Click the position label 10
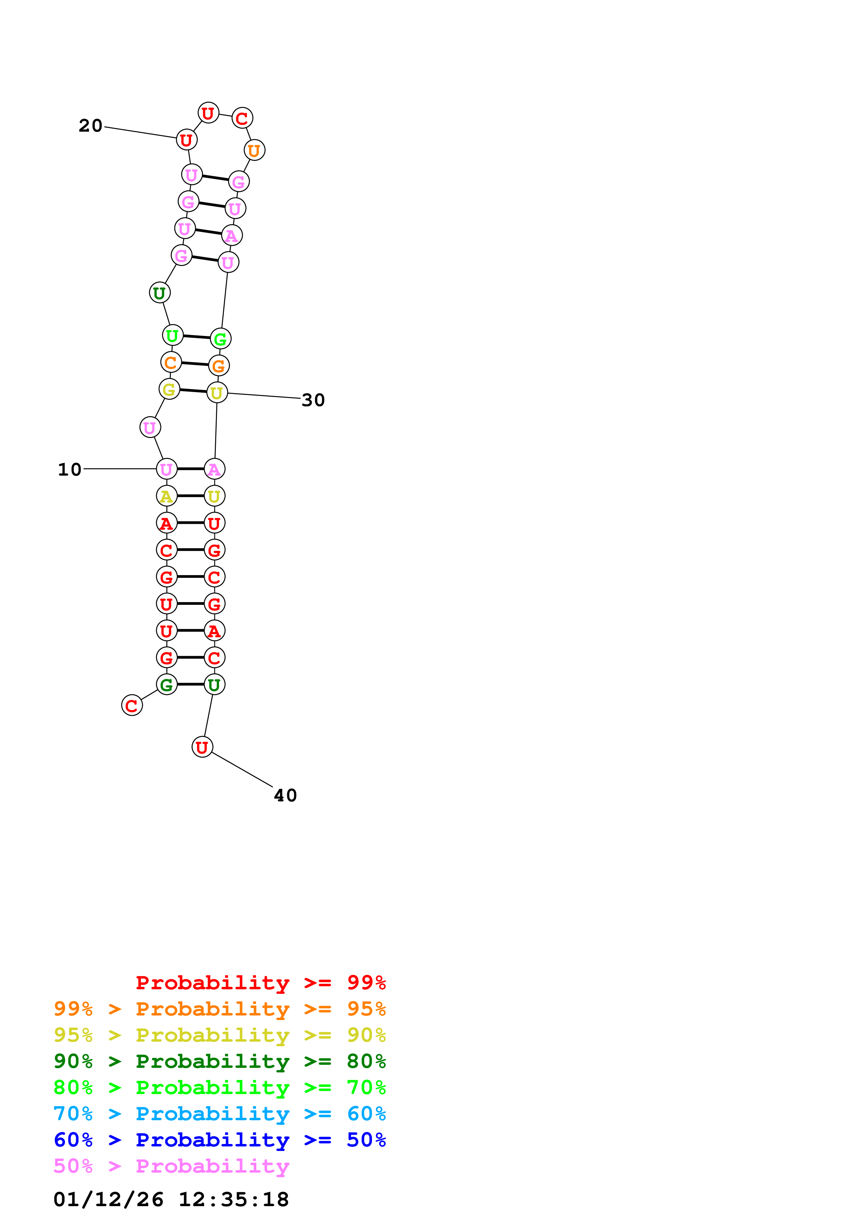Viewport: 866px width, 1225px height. pos(70,470)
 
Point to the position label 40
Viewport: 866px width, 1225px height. pos(285,795)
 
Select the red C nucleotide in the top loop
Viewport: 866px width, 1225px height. pos(242,118)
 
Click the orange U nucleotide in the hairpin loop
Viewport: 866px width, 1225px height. pos(255,151)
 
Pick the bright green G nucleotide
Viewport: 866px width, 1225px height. pos(220,339)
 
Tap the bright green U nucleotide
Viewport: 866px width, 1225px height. pos(172,336)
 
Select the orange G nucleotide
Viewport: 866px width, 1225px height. pos(219,366)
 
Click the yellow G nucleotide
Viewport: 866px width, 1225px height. pos(169,389)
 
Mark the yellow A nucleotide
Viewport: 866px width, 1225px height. pos(167,496)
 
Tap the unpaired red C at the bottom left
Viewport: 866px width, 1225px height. pos(132,705)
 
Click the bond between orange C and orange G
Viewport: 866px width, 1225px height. pos(195,364)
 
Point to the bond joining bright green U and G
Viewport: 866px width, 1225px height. pos(196,337)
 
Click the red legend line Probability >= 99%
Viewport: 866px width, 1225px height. pos(260,982)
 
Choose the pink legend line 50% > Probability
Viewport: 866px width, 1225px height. pos(171,1166)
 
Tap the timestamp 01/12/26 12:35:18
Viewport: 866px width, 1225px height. pos(171,1200)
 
